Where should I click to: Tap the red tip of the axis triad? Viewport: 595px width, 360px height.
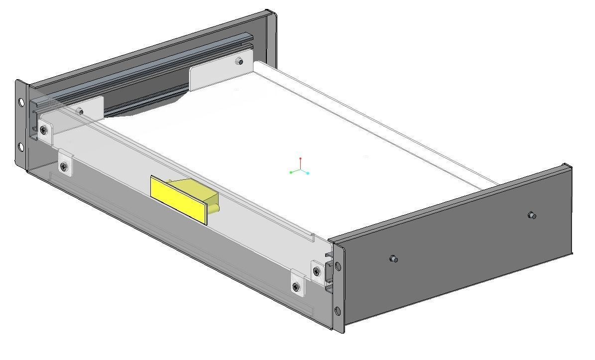point(300,159)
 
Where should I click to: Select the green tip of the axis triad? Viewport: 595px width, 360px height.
point(291,172)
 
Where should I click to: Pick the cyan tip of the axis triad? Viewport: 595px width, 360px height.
point(308,173)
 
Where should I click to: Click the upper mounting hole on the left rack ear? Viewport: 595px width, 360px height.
point(21,102)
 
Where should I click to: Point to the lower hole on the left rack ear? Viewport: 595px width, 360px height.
point(21,147)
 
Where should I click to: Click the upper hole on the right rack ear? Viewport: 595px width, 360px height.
point(338,266)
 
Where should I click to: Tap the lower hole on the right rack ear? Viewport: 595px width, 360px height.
point(338,311)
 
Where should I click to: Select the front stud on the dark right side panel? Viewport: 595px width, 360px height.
point(393,259)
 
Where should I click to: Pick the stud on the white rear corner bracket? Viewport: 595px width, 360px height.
point(239,62)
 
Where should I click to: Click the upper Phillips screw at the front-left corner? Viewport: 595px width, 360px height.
point(45,130)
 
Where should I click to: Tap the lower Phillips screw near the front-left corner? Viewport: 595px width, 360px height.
point(63,166)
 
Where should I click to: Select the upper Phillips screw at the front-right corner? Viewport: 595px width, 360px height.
point(317,271)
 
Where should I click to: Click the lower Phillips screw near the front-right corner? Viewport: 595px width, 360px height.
point(296,287)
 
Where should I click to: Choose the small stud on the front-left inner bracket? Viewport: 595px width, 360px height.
point(80,111)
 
